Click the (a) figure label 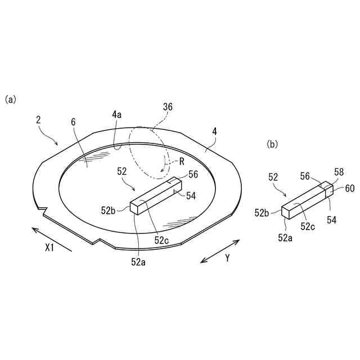(x=10, y=100)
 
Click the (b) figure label (x=272, y=144)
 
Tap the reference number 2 (x=38, y=120)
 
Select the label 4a (x=116, y=115)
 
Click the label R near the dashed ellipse (x=182, y=161)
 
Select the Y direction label (x=227, y=258)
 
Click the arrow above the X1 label (x=51, y=238)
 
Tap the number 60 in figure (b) (x=349, y=188)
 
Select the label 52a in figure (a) (x=137, y=260)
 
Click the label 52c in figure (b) (x=307, y=227)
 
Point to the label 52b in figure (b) (x=261, y=213)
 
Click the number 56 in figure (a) (x=193, y=174)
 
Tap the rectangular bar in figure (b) (x=307, y=198)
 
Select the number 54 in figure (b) (x=331, y=220)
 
